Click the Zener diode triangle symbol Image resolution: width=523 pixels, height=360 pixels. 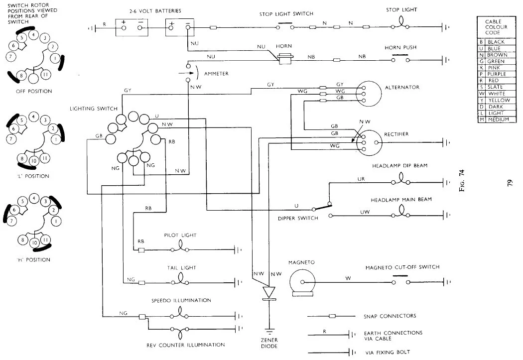269,292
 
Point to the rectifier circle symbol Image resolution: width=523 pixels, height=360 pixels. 370,141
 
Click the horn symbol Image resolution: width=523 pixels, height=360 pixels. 286,59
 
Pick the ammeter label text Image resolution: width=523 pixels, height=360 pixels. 216,74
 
